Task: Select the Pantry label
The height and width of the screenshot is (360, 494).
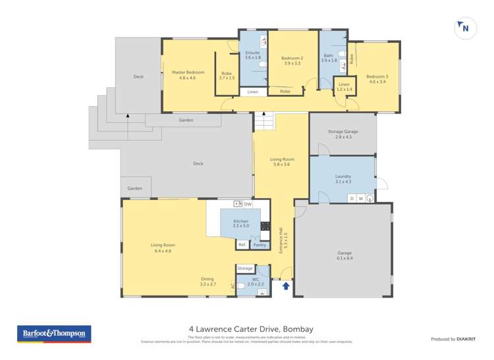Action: tap(260, 245)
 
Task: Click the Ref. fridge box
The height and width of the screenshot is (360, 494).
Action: tap(242, 245)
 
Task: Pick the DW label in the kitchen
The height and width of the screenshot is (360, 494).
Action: tap(248, 205)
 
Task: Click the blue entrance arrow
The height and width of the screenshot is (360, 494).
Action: tap(285, 286)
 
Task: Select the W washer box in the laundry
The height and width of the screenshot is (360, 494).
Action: tap(360, 198)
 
